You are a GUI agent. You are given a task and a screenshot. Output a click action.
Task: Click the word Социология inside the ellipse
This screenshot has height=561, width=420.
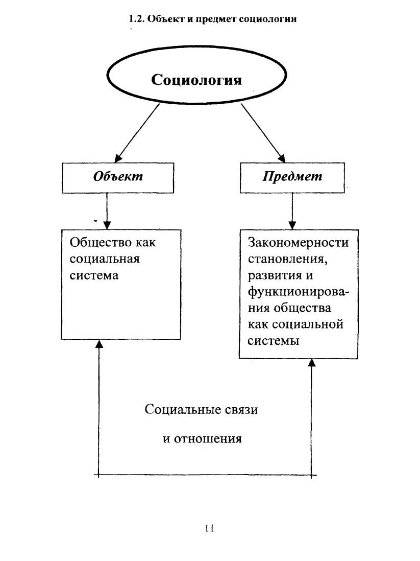(196, 80)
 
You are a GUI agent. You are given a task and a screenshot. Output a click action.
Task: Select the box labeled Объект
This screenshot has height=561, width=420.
(118, 178)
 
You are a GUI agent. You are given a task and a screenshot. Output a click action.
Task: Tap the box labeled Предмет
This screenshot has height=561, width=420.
(292, 178)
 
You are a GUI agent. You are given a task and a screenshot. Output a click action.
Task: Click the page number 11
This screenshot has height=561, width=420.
(209, 528)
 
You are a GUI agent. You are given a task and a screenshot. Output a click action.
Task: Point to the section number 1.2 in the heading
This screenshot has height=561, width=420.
(137, 18)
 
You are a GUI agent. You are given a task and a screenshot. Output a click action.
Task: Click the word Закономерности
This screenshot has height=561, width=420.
(298, 242)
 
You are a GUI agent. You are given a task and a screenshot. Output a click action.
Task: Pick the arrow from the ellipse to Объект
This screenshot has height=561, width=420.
(137, 133)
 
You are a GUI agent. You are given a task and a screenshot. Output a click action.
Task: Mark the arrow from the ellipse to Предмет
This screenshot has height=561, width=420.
(263, 133)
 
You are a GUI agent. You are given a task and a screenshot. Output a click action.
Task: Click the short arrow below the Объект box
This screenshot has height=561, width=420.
(107, 211)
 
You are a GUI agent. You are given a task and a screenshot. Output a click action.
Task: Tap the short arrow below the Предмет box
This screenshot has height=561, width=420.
(292, 211)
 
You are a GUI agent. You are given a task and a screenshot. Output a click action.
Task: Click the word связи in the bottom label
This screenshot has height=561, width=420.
(241, 409)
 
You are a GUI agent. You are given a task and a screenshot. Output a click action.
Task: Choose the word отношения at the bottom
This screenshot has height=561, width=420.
(208, 439)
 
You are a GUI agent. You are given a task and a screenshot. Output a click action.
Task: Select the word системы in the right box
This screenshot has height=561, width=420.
(274, 341)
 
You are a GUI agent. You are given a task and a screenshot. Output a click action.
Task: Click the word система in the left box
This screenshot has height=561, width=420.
(94, 275)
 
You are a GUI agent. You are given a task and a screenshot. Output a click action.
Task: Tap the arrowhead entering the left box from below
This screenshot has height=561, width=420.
(99, 344)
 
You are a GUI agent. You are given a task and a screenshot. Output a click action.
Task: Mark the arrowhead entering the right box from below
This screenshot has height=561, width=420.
(312, 363)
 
